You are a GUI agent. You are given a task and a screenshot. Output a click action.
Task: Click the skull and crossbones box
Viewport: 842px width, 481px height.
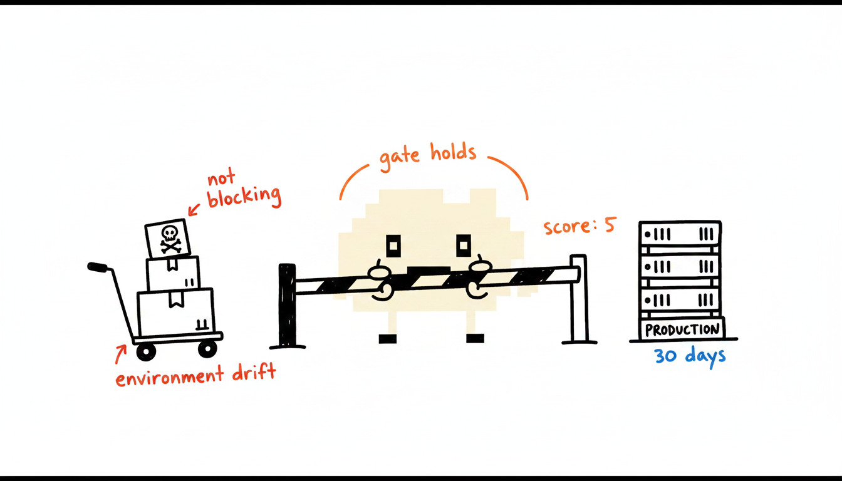point(168,238)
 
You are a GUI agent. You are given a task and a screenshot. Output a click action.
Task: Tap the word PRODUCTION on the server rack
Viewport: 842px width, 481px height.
point(682,330)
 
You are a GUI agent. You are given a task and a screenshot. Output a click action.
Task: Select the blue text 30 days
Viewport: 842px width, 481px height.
point(690,356)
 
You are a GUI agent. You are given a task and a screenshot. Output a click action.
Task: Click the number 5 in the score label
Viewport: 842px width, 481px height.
point(610,225)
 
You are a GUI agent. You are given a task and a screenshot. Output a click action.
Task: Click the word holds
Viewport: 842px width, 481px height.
point(454,152)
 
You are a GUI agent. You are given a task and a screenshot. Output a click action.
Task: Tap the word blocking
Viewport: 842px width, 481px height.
point(244,197)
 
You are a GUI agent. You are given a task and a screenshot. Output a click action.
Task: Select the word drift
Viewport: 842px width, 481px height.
point(254,373)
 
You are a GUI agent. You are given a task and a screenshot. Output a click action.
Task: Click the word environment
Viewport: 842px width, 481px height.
point(170,376)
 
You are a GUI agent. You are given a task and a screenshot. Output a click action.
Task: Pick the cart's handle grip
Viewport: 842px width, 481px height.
point(97,267)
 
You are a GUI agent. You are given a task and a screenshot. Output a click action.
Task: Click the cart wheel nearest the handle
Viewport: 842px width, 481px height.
point(146,352)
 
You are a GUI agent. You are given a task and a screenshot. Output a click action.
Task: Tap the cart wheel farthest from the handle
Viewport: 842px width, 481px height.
point(207,349)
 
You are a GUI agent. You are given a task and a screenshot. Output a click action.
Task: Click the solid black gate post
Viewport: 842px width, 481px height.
point(287,306)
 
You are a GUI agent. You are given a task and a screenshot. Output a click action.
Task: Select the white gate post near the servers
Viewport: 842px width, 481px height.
point(578,299)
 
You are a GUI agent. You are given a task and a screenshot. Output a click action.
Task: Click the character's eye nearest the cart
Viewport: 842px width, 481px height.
point(393,246)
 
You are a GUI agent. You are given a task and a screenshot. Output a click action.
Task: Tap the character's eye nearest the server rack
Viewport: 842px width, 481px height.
point(464,246)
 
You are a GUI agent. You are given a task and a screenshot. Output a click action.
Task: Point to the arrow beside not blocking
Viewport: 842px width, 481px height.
point(194,210)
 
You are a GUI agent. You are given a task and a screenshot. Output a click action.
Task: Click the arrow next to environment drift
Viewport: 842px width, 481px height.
point(121,354)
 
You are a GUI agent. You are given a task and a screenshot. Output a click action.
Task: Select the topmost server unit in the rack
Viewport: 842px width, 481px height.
point(680,234)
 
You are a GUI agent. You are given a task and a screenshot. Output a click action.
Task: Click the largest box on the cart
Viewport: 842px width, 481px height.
point(175,312)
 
